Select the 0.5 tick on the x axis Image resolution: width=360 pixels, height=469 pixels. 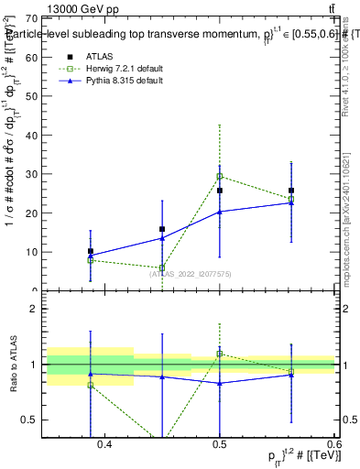[x=220, y=444]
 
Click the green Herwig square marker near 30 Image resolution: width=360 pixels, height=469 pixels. [x=220, y=176]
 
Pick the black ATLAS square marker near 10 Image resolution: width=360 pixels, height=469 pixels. [x=91, y=251]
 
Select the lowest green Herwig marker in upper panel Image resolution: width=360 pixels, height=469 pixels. [x=162, y=268]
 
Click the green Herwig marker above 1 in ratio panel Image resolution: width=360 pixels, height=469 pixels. [x=220, y=354]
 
